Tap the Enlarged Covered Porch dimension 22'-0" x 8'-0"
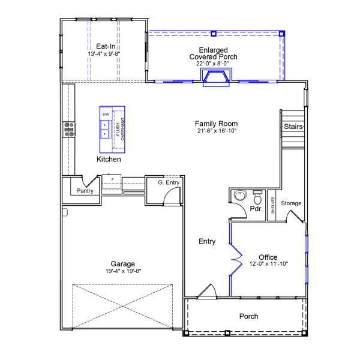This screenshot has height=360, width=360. click(213, 63)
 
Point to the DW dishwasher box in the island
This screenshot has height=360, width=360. click(106, 114)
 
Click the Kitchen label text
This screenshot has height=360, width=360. click(109, 160)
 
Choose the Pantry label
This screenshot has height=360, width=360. click(83, 191)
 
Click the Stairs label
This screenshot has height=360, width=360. click(293, 127)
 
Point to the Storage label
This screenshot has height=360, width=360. click(292, 203)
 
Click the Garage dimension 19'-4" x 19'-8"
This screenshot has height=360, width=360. click(122, 271)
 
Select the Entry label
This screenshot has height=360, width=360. click(207, 242)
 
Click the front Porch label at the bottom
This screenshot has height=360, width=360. click(248, 316)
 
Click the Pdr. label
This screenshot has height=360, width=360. click(256, 209)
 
